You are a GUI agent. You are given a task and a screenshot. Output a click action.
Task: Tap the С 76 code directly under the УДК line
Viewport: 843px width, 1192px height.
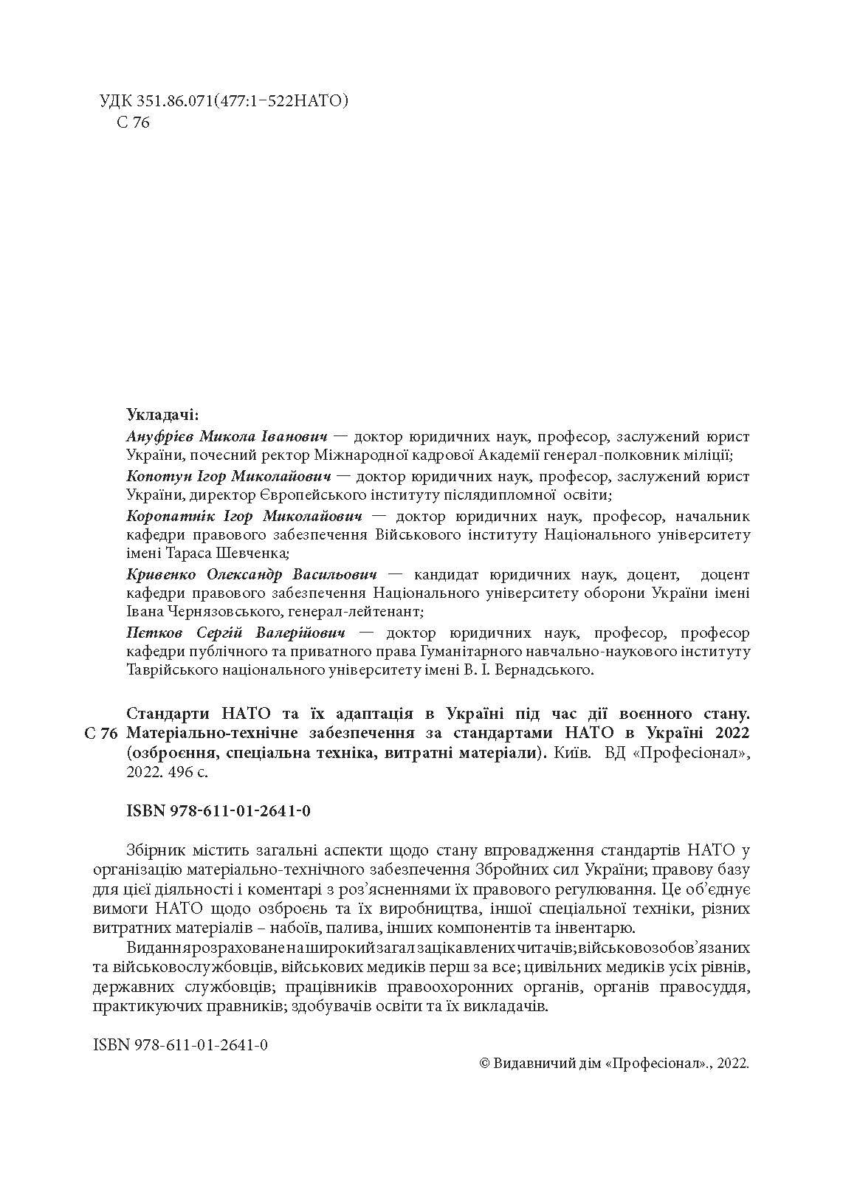click(134, 123)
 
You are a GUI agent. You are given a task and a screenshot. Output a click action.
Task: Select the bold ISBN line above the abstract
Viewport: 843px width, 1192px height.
click(219, 811)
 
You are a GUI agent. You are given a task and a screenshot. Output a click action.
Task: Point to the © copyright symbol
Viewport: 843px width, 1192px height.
click(485, 1064)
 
